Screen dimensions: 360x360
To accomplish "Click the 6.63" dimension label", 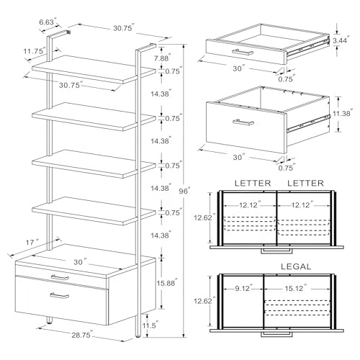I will tap(45, 22).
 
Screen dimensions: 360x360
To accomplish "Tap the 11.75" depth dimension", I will tap(34, 51).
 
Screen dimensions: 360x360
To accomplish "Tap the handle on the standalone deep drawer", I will tap(243, 122).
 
